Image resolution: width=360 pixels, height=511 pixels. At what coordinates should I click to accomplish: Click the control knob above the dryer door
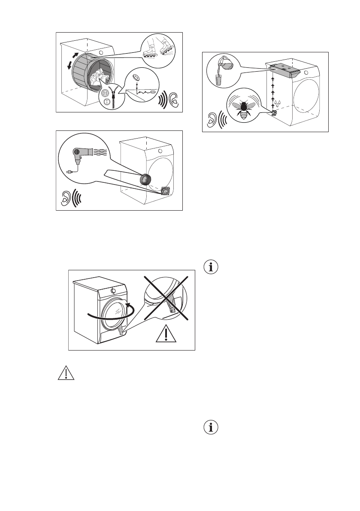click(113, 290)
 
